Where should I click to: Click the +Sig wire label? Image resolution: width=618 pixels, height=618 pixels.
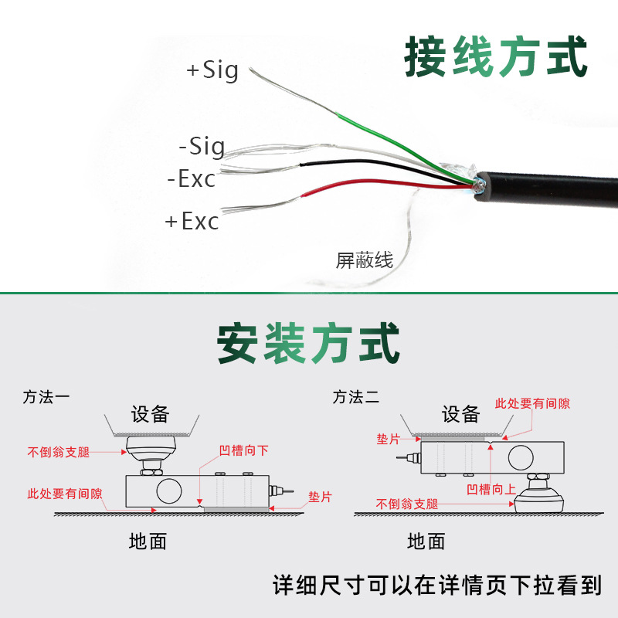point(212,71)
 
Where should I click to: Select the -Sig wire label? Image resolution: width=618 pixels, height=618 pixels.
point(202,146)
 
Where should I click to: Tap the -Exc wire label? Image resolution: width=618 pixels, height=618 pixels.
point(192,179)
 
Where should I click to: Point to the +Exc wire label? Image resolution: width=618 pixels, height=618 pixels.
point(192,222)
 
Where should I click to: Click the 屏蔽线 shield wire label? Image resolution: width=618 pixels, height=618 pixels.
point(365,260)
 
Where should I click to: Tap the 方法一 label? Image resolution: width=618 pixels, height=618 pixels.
point(46,398)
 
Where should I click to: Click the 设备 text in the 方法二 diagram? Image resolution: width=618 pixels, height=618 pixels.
point(460,415)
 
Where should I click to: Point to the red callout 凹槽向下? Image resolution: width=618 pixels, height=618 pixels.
point(243,451)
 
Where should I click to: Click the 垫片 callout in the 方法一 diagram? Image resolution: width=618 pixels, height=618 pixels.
point(320,497)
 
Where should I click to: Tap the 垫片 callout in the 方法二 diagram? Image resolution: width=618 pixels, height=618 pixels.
point(389,439)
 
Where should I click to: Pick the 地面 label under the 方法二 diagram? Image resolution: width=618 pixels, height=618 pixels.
point(426,542)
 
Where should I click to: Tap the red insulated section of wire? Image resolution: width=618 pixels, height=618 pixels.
point(363,185)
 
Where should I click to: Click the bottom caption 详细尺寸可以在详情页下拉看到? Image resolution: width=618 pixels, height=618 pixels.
point(437,585)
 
